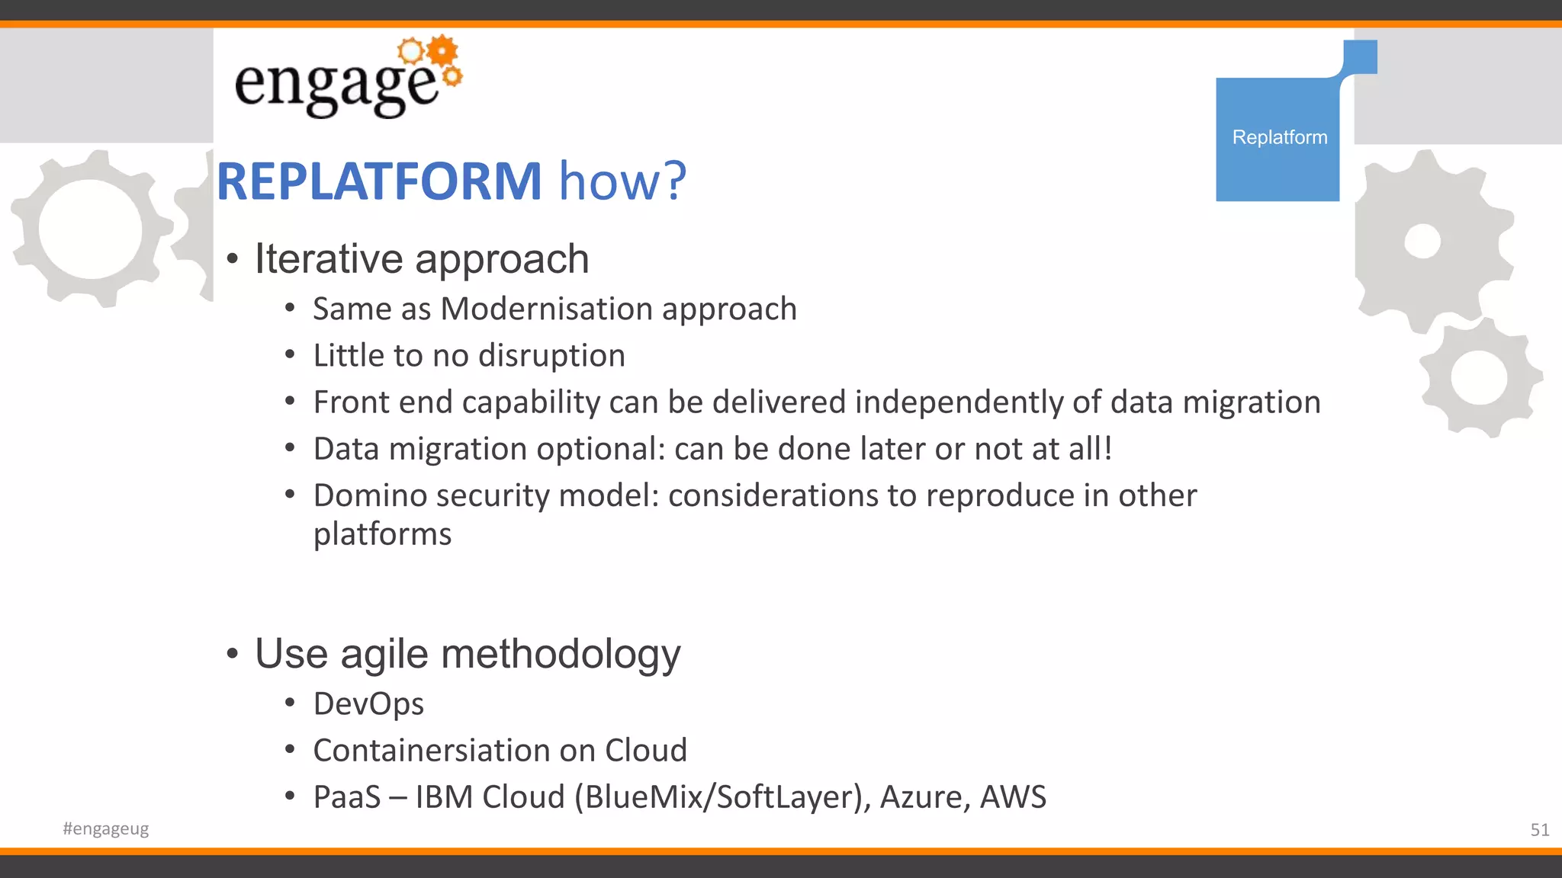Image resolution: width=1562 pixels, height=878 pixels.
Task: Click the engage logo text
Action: coord(336,85)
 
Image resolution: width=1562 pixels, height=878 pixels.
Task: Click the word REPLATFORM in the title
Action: coord(379,182)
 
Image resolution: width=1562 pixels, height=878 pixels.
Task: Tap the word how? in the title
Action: coord(622,182)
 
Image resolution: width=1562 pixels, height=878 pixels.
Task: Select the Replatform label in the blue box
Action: coord(1279,137)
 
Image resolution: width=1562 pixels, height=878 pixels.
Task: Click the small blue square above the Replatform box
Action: coord(1360,56)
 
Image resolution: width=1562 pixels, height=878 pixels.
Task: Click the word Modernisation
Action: coord(546,309)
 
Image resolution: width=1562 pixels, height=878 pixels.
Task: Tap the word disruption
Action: coord(551,356)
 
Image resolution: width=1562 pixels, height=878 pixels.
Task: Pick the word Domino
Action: coord(368,496)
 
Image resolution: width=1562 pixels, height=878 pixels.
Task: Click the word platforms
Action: coord(382,535)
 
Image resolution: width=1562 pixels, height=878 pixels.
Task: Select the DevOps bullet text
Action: coord(368,704)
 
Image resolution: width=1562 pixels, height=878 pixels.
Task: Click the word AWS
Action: coord(1013,797)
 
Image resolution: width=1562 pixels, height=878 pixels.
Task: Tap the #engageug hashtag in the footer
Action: coord(106,828)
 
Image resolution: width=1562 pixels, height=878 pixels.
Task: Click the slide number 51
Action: coord(1539,830)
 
